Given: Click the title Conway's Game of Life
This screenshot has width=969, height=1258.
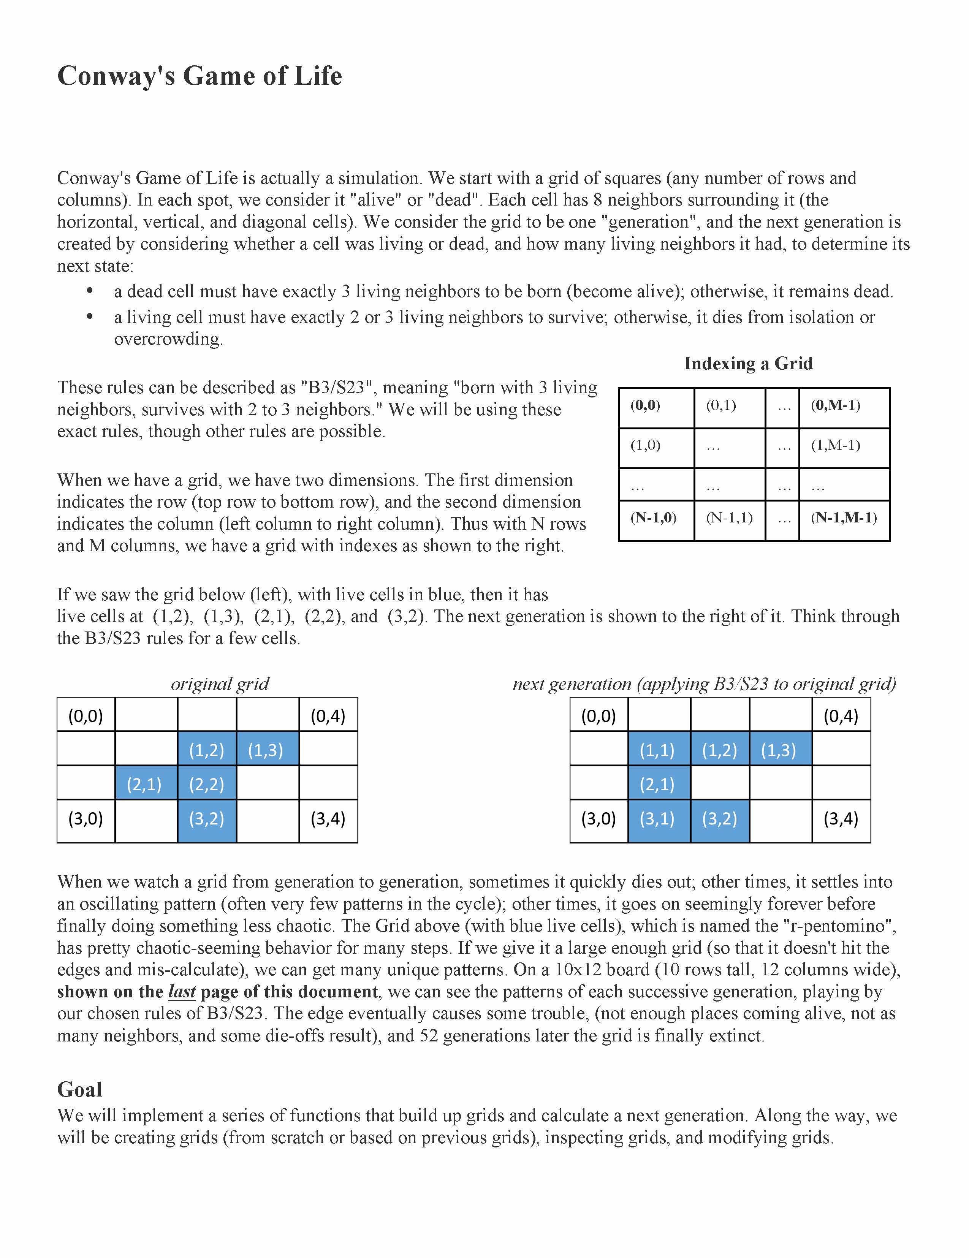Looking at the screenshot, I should tap(199, 76).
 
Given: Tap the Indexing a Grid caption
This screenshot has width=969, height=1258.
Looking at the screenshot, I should tap(748, 364).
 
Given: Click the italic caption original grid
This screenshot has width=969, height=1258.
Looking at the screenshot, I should tap(220, 684).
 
